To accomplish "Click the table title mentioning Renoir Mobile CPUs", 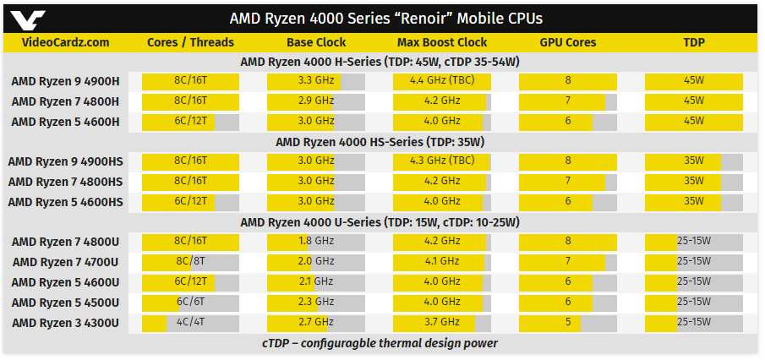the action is (386, 19).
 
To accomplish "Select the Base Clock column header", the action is (316, 42).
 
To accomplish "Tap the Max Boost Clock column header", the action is (442, 42).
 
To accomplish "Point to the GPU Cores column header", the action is (568, 42).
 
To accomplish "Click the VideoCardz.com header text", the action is (65, 42).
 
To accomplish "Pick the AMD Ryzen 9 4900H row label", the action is (65, 81).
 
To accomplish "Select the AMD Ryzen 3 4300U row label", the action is (65, 323).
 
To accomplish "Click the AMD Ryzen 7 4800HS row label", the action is (65, 182).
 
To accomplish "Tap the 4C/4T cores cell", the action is (191, 322).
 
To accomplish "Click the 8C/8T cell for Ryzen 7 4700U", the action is (191, 261).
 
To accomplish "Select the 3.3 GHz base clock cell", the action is (316, 80).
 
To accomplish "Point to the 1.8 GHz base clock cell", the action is (316, 241).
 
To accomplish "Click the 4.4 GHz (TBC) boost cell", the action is (442, 80).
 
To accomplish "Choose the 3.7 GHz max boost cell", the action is (442, 322).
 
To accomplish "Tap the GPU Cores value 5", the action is (568, 322).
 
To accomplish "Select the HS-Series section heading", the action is (380, 142).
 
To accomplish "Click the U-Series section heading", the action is (380, 222).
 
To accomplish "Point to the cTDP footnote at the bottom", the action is (380, 343).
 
